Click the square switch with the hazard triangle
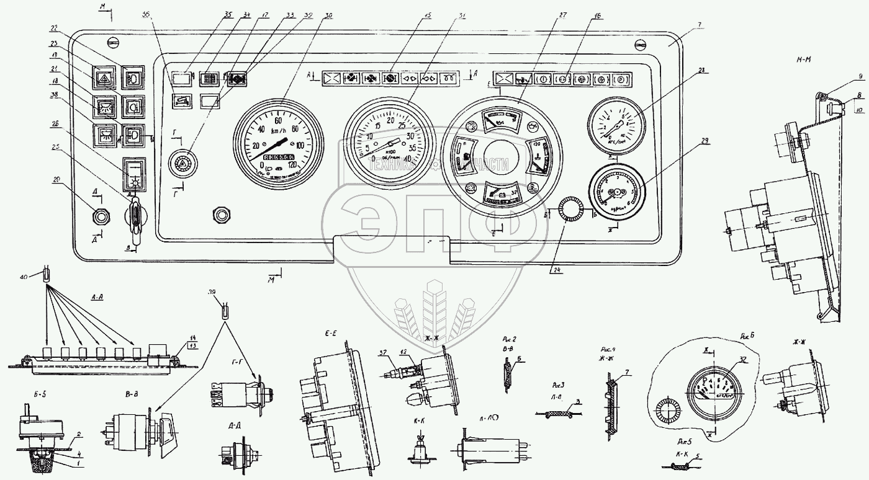pos(101,78)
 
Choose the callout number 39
pos(215,292)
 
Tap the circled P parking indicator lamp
pos(620,79)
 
